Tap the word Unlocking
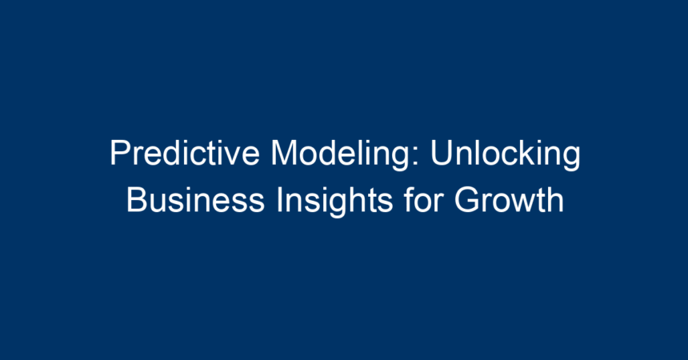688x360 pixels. tap(506, 155)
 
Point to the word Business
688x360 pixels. tap(196, 200)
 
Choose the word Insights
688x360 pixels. tap(334, 202)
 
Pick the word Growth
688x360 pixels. tap(509, 200)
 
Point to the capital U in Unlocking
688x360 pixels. tap(442, 153)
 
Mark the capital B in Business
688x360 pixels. tap(138, 200)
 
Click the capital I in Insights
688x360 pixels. tap(278, 200)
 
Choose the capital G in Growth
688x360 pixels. tap(467, 200)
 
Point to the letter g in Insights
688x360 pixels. tap(343, 206)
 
